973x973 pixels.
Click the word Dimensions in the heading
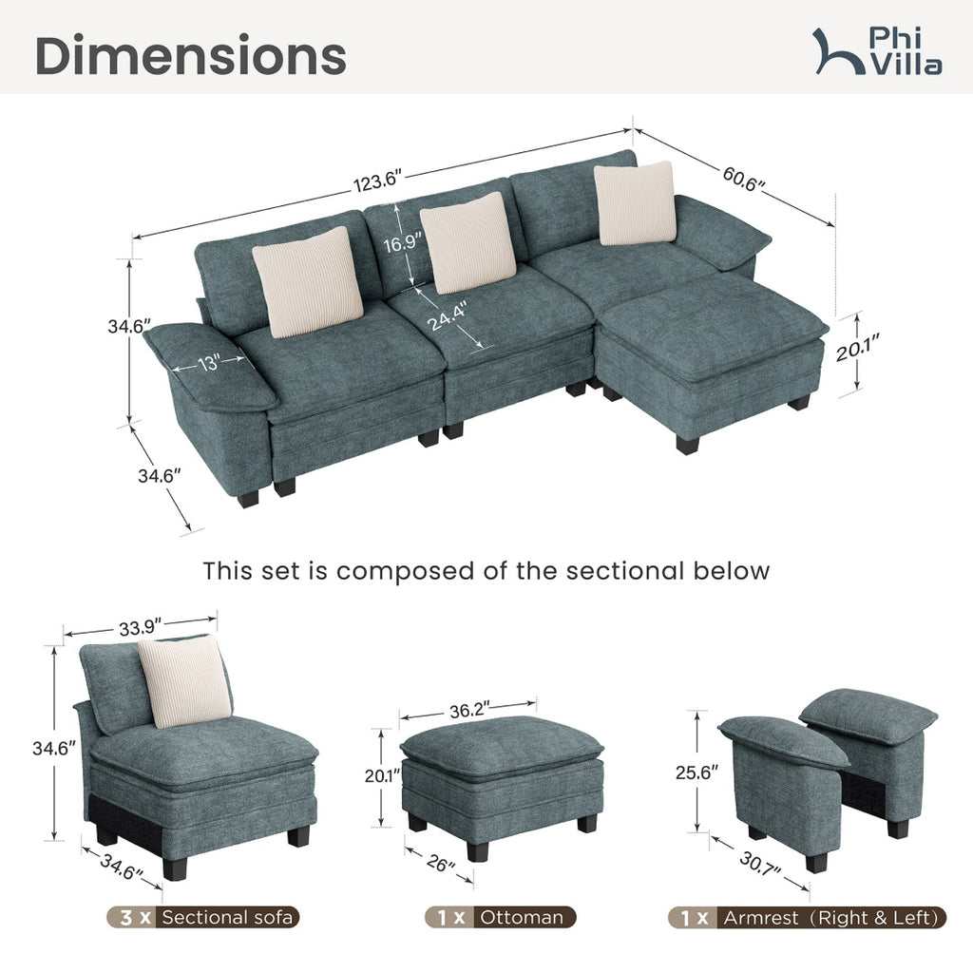pyautogui.click(x=190, y=55)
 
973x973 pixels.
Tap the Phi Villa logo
pyautogui.click(x=877, y=51)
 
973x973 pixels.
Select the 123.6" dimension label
pyautogui.click(x=378, y=181)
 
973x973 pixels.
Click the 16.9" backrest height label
pyautogui.click(x=402, y=242)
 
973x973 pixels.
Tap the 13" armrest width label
pyautogui.click(x=210, y=363)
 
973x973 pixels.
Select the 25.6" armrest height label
pyautogui.click(x=696, y=772)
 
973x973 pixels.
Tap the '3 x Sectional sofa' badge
pyautogui.click(x=203, y=917)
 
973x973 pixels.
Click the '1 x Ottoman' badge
pyautogui.click(x=500, y=917)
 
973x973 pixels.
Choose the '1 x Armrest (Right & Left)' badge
pyautogui.click(x=808, y=917)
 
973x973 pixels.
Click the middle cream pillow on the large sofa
pyautogui.click(x=467, y=242)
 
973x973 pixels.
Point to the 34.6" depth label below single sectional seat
pyautogui.click(x=122, y=867)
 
